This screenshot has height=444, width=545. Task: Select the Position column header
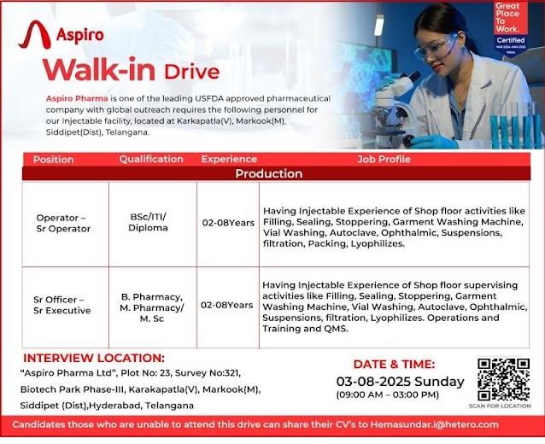pos(53,160)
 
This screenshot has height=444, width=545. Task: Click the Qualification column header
pos(151,159)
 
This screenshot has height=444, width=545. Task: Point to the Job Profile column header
pos(384,159)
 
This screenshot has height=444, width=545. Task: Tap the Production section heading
pos(268,173)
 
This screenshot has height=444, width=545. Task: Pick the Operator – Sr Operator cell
pos(62,223)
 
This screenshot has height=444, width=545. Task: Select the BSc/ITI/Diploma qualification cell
pos(148,223)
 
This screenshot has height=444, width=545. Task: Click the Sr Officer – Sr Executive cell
pos(62,305)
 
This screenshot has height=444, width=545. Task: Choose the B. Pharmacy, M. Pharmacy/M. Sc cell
pos(151,305)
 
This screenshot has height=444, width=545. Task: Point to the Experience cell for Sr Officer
pos(226,305)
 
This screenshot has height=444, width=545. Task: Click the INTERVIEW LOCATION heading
pos(94,358)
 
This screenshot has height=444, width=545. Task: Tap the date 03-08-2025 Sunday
pos(400,381)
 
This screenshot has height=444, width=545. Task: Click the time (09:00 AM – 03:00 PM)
pos(388,394)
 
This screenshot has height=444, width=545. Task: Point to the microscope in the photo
pos(395,102)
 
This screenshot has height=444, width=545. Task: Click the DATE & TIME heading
pos(394,364)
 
